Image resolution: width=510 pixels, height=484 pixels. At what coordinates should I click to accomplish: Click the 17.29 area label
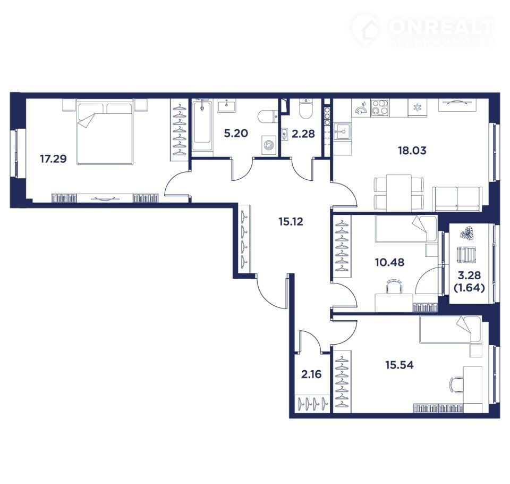click(x=53, y=159)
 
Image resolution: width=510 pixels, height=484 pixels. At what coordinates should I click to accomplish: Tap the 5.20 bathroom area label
click(x=236, y=133)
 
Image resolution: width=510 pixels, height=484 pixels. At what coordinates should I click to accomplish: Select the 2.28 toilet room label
click(x=303, y=133)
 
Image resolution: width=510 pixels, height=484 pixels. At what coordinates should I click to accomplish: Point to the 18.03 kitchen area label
click(x=412, y=151)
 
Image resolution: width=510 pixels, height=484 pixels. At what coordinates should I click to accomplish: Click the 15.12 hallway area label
click(x=291, y=221)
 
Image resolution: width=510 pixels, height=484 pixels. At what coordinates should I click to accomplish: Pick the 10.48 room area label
click(x=389, y=262)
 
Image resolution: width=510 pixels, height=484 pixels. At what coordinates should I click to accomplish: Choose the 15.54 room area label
click(x=399, y=365)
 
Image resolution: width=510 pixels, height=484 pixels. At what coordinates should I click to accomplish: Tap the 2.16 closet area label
click(x=311, y=374)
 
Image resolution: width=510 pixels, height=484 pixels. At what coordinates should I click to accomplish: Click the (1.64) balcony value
click(x=469, y=288)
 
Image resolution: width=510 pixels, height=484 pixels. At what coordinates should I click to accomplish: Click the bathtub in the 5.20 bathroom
click(x=202, y=126)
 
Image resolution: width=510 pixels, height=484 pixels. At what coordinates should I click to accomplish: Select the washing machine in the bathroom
click(x=269, y=144)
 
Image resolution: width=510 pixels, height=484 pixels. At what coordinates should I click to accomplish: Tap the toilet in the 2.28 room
click(x=305, y=109)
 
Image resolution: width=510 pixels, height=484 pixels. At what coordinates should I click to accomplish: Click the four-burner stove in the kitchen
click(x=379, y=107)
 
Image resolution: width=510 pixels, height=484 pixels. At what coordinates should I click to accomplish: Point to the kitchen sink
click(x=342, y=131)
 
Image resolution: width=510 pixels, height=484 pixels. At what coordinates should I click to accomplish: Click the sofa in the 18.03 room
click(x=457, y=199)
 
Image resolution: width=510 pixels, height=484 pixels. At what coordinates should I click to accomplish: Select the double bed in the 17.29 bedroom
click(x=105, y=132)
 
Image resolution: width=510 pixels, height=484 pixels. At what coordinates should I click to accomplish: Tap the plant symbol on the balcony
click(x=467, y=233)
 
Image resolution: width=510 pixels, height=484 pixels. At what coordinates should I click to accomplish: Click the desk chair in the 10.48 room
click(x=394, y=286)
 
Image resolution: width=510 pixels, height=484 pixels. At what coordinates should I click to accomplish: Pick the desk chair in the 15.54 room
click(x=457, y=386)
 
